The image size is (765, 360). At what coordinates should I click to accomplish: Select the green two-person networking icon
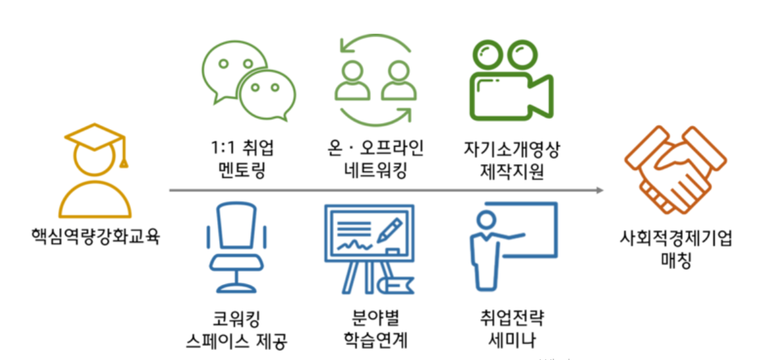point(374,80)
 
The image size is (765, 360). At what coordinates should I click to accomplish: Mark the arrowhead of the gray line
point(600,191)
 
